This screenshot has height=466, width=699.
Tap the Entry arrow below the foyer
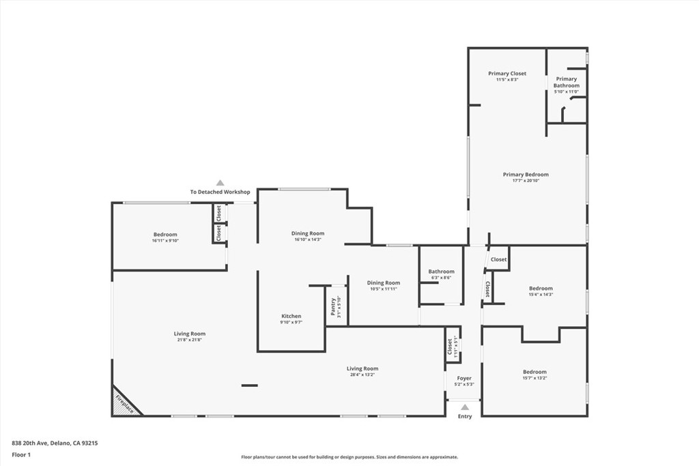(x=465, y=407)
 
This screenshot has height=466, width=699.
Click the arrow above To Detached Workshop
(x=220, y=183)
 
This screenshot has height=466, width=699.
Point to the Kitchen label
(x=291, y=316)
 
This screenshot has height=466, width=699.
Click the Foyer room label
(x=464, y=378)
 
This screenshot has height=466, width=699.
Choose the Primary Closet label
(x=507, y=73)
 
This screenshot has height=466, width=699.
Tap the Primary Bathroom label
(x=566, y=82)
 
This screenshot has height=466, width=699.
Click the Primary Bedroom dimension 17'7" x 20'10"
(x=526, y=181)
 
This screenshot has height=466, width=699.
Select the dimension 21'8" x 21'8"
(x=189, y=340)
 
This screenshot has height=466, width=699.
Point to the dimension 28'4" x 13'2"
(x=362, y=375)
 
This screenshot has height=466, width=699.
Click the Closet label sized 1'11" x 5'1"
(x=450, y=347)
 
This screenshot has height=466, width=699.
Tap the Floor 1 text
(x=21, y=454)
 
